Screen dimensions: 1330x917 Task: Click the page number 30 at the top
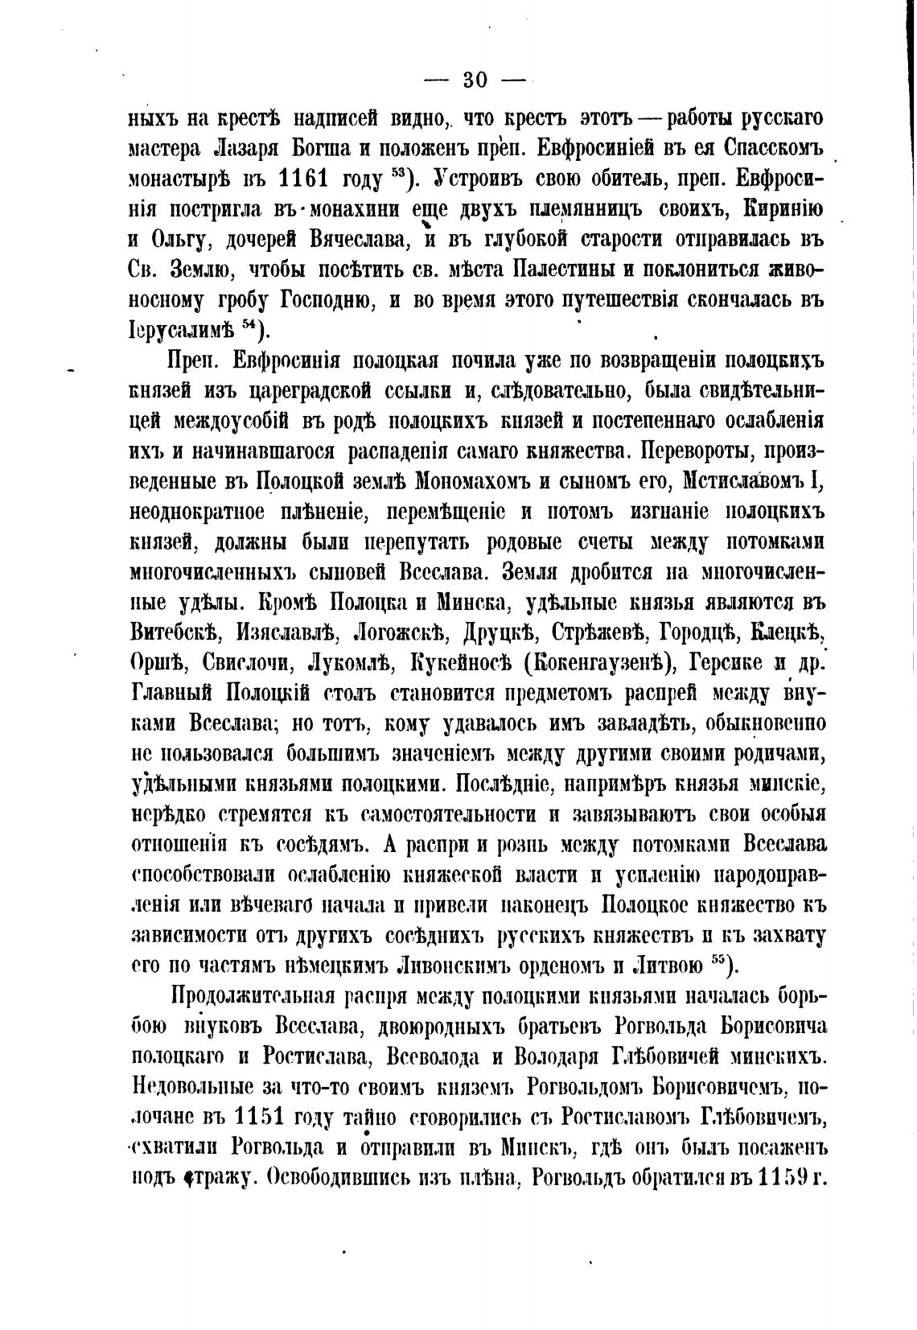point(475,79)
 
